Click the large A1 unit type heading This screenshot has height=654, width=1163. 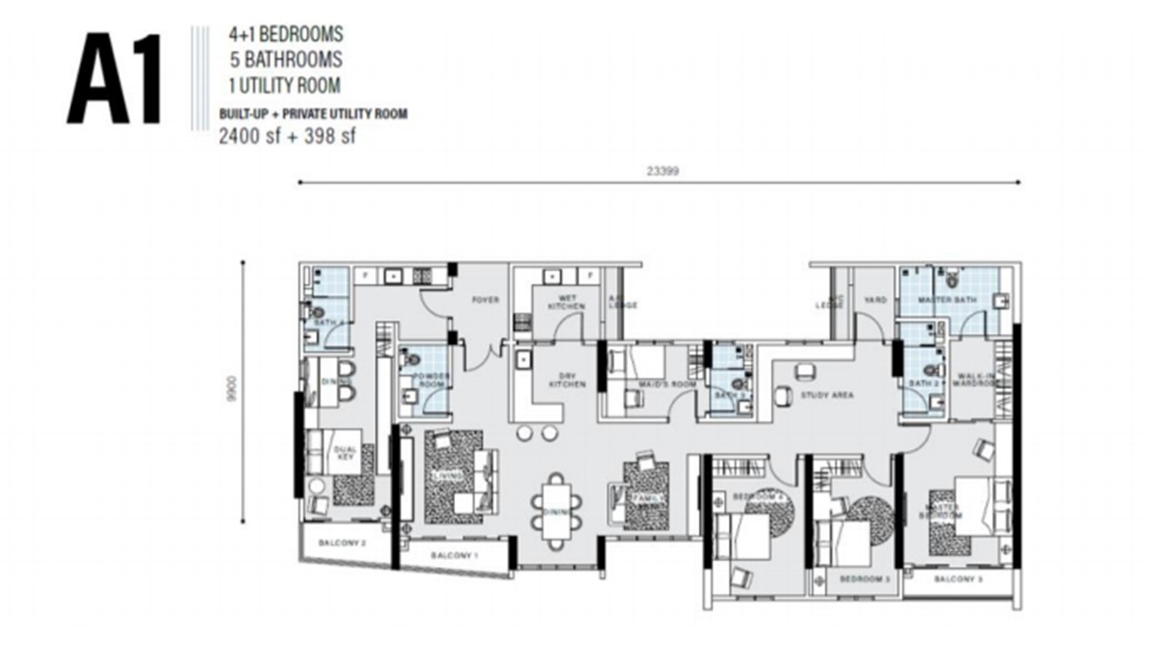114,80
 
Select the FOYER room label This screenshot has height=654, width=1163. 485,300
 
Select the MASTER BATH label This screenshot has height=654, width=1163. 939,300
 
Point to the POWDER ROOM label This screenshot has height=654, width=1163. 431,381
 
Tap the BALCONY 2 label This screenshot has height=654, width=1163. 342,543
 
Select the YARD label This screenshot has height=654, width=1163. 875,300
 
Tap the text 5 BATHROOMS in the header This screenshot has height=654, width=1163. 285,60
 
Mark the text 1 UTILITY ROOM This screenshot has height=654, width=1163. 284,86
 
